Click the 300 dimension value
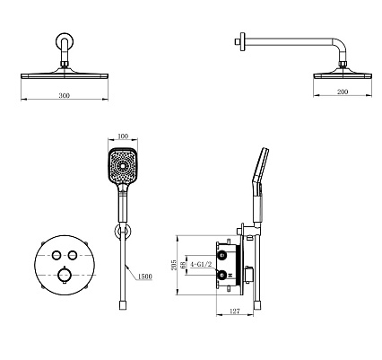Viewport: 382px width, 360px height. coord(65,95)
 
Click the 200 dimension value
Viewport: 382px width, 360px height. coord(343,92)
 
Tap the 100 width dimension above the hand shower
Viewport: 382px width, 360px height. coord(123,136)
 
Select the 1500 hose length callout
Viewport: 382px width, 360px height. coord(145,277)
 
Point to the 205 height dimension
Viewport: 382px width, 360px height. coord(173,264)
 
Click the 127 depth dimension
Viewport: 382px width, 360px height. coord(235,312)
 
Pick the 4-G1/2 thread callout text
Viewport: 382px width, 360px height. coord(201,265)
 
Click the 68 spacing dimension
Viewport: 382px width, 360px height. coord(182,265)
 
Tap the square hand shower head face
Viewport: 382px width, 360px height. coord(123,165)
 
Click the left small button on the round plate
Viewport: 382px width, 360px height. coord(56,255)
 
